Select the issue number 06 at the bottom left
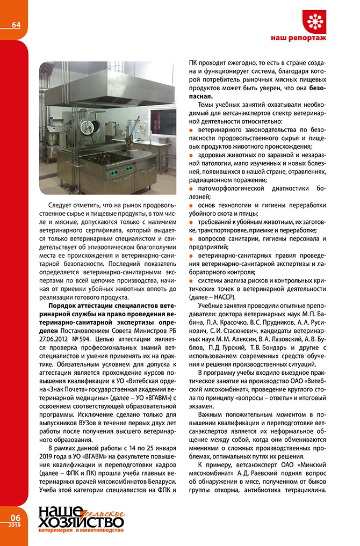(x=14, y=516)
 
